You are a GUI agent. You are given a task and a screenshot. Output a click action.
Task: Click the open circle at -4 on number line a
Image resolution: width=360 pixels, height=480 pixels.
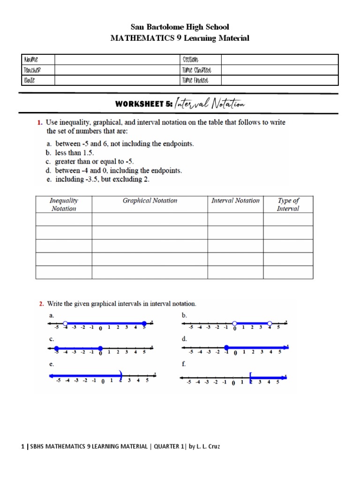pos(65,323)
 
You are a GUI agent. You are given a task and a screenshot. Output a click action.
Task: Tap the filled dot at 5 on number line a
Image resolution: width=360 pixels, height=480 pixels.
pos(144,323)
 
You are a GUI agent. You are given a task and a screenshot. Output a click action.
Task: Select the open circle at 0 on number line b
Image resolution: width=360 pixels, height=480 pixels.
pos(234,323)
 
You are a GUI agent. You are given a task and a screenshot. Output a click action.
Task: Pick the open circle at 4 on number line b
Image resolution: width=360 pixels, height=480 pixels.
pos(270,323)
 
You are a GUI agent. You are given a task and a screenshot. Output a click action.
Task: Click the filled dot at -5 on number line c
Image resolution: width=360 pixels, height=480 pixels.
pos(57,348)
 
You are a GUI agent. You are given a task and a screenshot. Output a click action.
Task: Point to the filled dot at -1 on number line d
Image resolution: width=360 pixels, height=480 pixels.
pos(226,347)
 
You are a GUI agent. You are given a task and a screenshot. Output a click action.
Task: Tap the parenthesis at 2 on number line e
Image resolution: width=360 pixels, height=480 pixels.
pos(120,375)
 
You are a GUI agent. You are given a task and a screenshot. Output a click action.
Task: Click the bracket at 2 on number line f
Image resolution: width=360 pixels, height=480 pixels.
pos(251,376)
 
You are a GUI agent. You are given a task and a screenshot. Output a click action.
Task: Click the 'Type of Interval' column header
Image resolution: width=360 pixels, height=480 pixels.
pos(288,204)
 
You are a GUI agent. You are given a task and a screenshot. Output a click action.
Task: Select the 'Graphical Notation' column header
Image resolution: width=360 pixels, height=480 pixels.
pos(150,201)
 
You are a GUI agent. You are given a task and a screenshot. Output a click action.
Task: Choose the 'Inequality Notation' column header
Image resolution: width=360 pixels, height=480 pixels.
pos(64,204)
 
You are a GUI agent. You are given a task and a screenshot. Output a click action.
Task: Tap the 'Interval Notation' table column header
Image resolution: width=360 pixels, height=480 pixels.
pos(235,201)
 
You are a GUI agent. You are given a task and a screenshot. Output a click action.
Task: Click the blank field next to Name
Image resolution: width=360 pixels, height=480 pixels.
pos(117,60)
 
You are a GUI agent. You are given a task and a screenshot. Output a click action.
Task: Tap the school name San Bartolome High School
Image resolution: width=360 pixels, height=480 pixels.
pos(180,27)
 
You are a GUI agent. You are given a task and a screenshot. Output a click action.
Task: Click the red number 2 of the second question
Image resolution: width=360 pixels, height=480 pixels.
pos(40,304)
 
